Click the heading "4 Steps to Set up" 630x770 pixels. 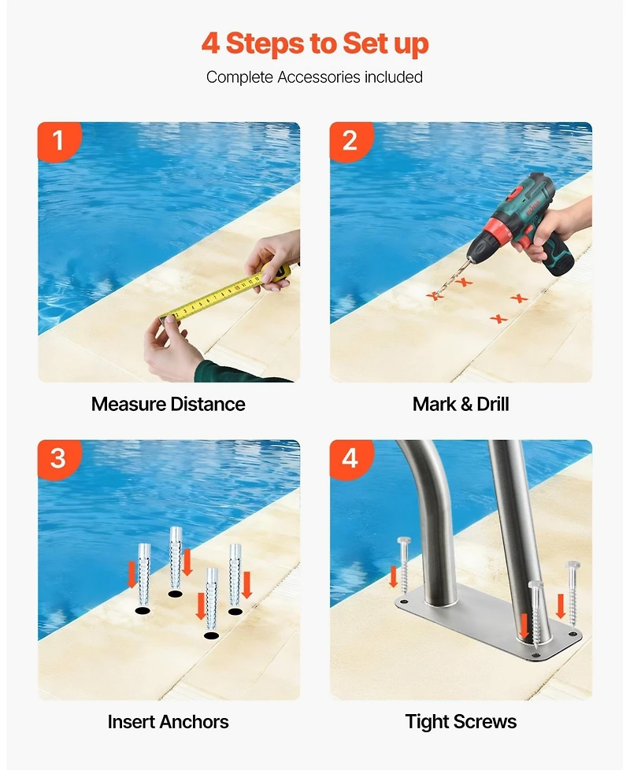point(315,43)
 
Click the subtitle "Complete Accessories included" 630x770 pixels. point(315,77)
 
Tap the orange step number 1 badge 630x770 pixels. point(58,141)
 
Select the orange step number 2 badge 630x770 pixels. point(350,141)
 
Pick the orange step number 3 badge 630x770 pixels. point(58,458)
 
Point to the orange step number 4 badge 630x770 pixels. point(350,458)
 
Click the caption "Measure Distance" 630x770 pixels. point(169,405)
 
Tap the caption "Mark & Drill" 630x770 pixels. point(461,405)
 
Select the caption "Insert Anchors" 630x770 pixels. point(169,721)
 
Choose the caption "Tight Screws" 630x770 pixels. point(461,721)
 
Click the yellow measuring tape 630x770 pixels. point(220,296)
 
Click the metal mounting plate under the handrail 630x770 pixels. point(488,622)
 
